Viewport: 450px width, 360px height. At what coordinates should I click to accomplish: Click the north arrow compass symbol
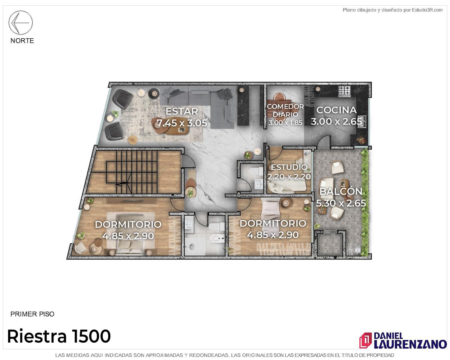(x=20, y=22)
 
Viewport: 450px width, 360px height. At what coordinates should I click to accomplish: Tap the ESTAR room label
(x=182, y=111)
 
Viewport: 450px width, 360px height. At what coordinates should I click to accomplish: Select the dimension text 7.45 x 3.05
(x=182, y=123)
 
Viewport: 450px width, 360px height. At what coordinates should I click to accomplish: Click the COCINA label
(x=336, y=110)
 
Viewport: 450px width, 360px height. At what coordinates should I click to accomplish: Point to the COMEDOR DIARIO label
(x=285, y=110)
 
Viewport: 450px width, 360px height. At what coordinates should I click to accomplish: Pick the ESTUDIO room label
(x=289, y=167)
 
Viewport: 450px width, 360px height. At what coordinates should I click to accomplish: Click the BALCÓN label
(x=341, y=191)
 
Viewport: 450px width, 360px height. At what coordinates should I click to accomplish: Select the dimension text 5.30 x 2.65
(x=341, y=203)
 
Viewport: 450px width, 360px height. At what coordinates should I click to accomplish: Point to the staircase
(x=134, y=172)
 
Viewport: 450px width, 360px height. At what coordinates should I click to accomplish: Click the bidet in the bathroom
(x=217, y=238)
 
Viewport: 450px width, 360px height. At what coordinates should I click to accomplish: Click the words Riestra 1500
(x=59, y=336)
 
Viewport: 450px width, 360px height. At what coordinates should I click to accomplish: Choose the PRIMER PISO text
(x=32, y=314)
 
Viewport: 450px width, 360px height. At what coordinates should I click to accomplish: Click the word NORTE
(x=22, y=40)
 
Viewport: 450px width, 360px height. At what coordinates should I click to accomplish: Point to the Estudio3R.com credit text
(x=392, y=10)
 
